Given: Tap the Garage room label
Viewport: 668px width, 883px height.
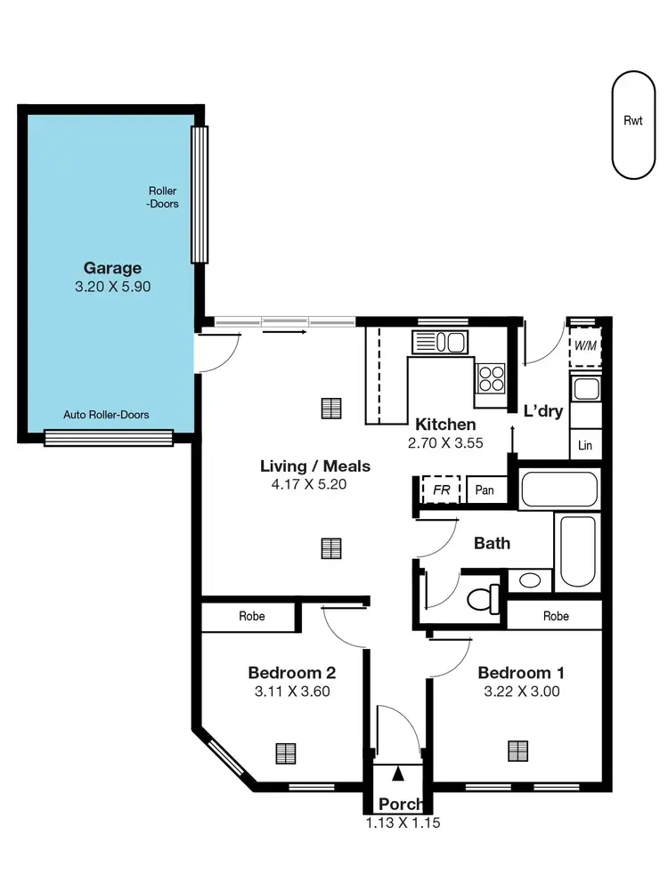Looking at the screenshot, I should point(112,268).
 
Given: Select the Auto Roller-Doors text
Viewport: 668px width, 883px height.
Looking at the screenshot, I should point(106,415).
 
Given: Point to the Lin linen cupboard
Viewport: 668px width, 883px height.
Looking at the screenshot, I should point(585,445).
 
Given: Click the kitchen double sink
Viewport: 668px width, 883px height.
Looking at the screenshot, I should point(440,342).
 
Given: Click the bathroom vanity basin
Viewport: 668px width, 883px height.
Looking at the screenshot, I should point(529,581).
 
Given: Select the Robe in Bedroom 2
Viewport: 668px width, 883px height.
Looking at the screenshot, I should point(251,616).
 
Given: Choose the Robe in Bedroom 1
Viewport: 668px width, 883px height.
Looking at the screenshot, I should point(556,616).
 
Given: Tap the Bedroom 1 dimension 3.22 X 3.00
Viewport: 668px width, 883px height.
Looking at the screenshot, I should point(520,691).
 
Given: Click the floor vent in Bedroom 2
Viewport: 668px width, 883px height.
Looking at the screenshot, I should point(285,753).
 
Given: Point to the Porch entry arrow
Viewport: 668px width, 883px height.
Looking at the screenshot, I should point(398,778).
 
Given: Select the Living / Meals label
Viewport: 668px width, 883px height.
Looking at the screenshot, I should point(314,466).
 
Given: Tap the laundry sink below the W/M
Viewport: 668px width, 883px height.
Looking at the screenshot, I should point(585,388).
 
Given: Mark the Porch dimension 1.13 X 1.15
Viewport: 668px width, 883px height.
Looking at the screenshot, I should point(403,823).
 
